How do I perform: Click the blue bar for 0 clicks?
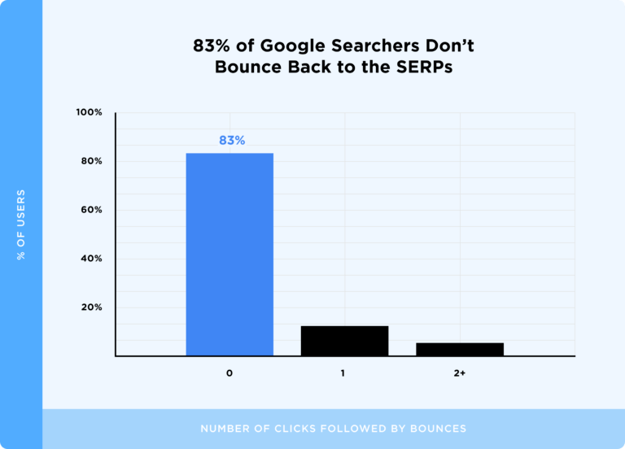point(229,254)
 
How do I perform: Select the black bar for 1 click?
point(344,341)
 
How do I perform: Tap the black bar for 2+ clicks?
point(460,349)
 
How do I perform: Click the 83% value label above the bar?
point(231,140)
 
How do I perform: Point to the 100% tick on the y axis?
point(90,112)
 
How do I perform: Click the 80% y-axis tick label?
point(91,161)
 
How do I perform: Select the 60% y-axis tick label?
point(91,210)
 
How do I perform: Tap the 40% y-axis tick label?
point(91,259)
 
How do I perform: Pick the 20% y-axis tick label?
point(91,307)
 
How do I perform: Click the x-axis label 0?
point(229,373)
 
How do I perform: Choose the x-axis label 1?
point(343,373)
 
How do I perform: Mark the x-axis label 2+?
point(460,373)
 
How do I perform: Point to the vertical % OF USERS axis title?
point(21,224)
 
